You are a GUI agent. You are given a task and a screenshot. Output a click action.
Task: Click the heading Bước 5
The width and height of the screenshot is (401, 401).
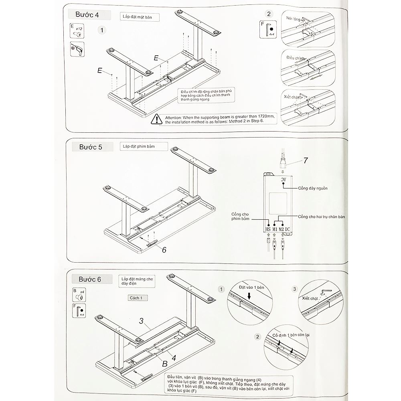click(x=90, y=147)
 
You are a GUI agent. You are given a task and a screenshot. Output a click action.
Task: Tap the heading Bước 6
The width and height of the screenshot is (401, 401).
click(x=90, y=279)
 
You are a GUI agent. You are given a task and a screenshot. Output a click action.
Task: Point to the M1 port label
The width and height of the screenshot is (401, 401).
click(x=275, y=229)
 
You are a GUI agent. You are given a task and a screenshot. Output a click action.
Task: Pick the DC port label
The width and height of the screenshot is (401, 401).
click(x=288, y=229)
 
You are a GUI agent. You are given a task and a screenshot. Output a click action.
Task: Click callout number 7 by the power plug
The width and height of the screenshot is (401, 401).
click(x=306, y=160)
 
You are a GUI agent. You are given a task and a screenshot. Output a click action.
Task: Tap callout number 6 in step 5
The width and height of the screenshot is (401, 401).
click(x=164, y=249)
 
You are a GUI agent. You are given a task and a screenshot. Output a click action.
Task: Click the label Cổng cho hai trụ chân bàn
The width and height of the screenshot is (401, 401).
click(x=322, y=217)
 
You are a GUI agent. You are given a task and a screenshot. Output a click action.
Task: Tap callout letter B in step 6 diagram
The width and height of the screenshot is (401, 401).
click(x=165, y=364)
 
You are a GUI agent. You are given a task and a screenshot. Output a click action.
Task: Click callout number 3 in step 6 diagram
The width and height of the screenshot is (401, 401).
click(x=141, y=321)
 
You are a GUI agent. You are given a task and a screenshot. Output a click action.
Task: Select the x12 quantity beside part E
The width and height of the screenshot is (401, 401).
click(x=79, y=29)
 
